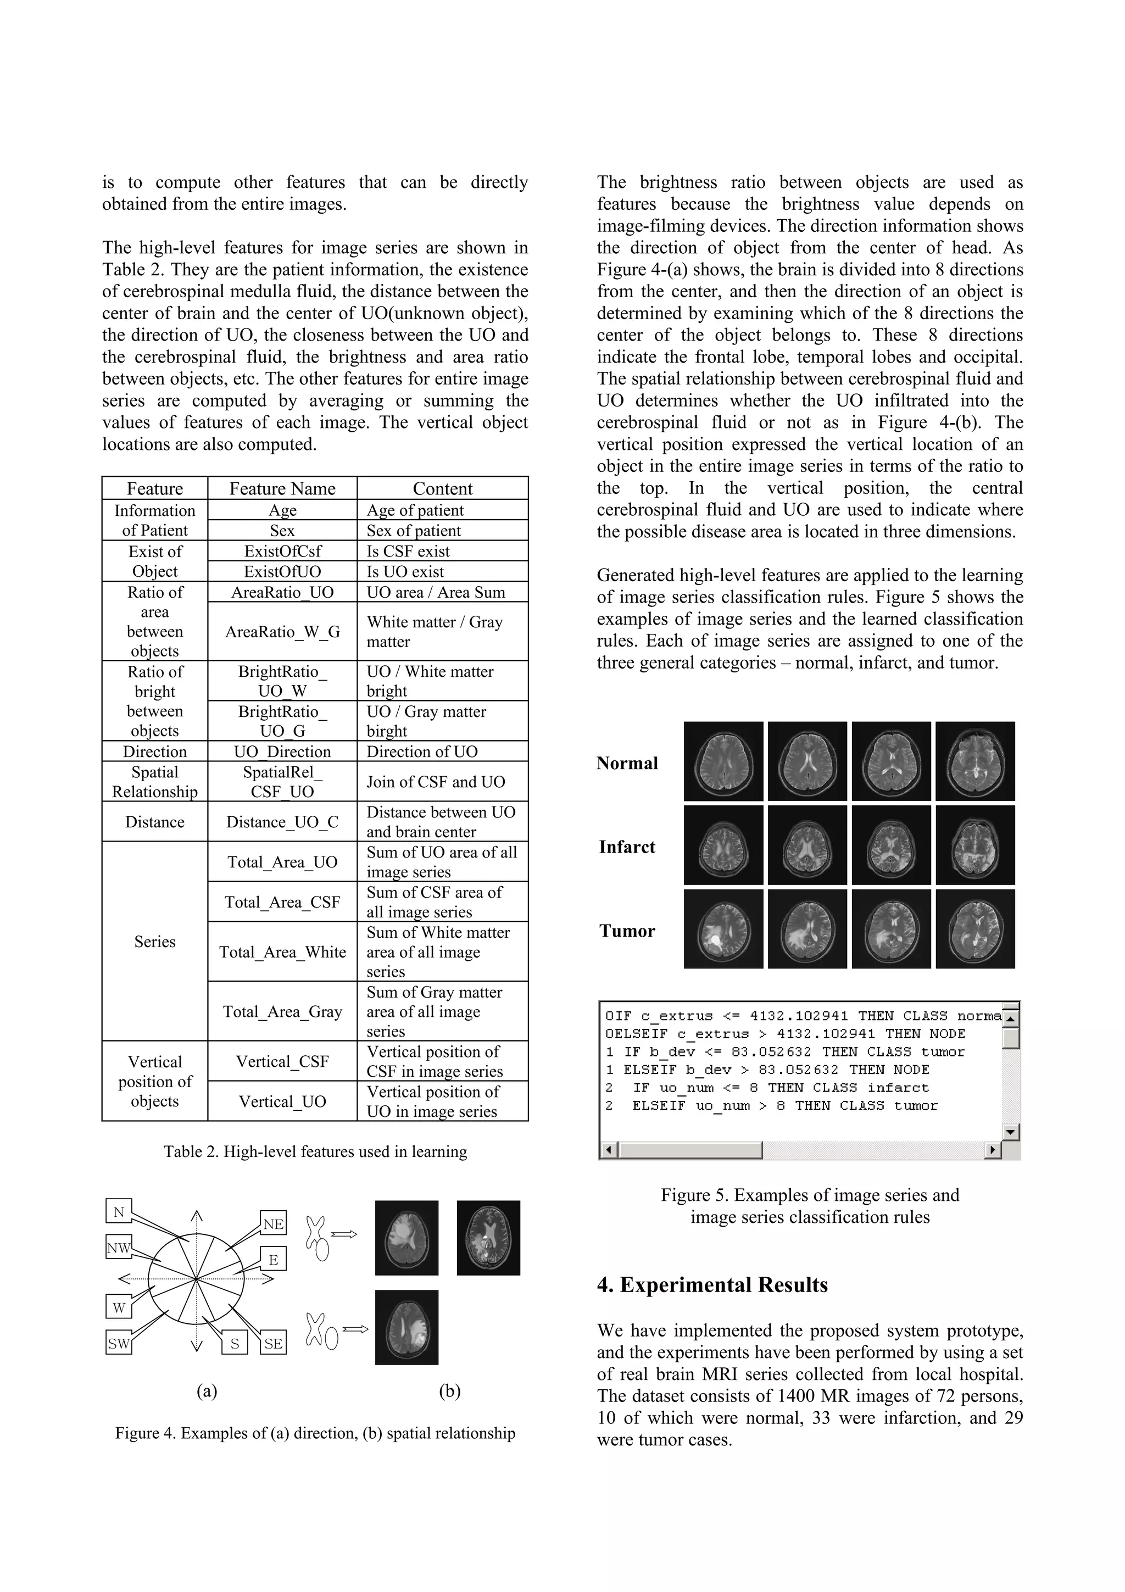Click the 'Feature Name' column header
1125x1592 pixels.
click(282, 488)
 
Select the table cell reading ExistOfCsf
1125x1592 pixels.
click(282, 551)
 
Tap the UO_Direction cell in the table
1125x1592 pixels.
click(282, 752)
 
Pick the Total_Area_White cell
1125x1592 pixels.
click(282, 952)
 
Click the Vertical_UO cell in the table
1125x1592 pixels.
click(282, 1101)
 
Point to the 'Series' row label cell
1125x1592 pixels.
click(154, 942)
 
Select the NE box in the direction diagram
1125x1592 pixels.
click(273, 1224)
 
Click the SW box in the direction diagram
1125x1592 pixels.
click(119, 1343)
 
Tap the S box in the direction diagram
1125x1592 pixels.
click(235, 1344)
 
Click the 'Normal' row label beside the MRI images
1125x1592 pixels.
click(627, 764)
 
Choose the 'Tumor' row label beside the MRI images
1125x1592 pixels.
click(627, 931)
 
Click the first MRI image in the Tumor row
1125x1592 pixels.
click(723, 929)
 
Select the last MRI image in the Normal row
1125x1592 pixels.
click(974, 761)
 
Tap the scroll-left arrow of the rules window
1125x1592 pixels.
click(608, 1150)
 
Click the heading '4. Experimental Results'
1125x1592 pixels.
click(712, 1285)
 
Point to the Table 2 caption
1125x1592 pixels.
click(315, 1152)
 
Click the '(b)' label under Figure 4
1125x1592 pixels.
click(449, 1391)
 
